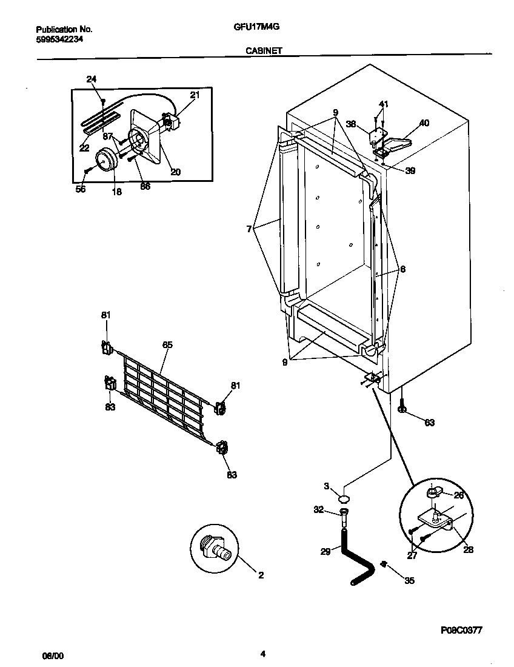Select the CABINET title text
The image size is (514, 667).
[x=263, y=52]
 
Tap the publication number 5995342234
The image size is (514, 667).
[x=59, y=39]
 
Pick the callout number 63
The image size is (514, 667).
[x=429, y=423]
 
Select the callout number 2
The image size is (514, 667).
[x=261, y=575]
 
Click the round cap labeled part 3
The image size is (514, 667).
[x=344, y=498]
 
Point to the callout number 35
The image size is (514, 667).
[x=409, y=580]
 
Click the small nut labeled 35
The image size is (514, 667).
[x=383, y=565]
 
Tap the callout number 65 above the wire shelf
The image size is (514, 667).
[x=167, y=344]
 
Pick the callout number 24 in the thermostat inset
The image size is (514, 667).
[x=91, y=79]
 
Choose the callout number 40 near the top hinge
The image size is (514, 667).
[x=424, y=123]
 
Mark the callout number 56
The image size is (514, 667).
[x=80, y=189]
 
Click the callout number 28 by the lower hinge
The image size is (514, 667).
[x=468, y=550]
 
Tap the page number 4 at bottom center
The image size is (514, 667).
[x=262, y=654]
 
